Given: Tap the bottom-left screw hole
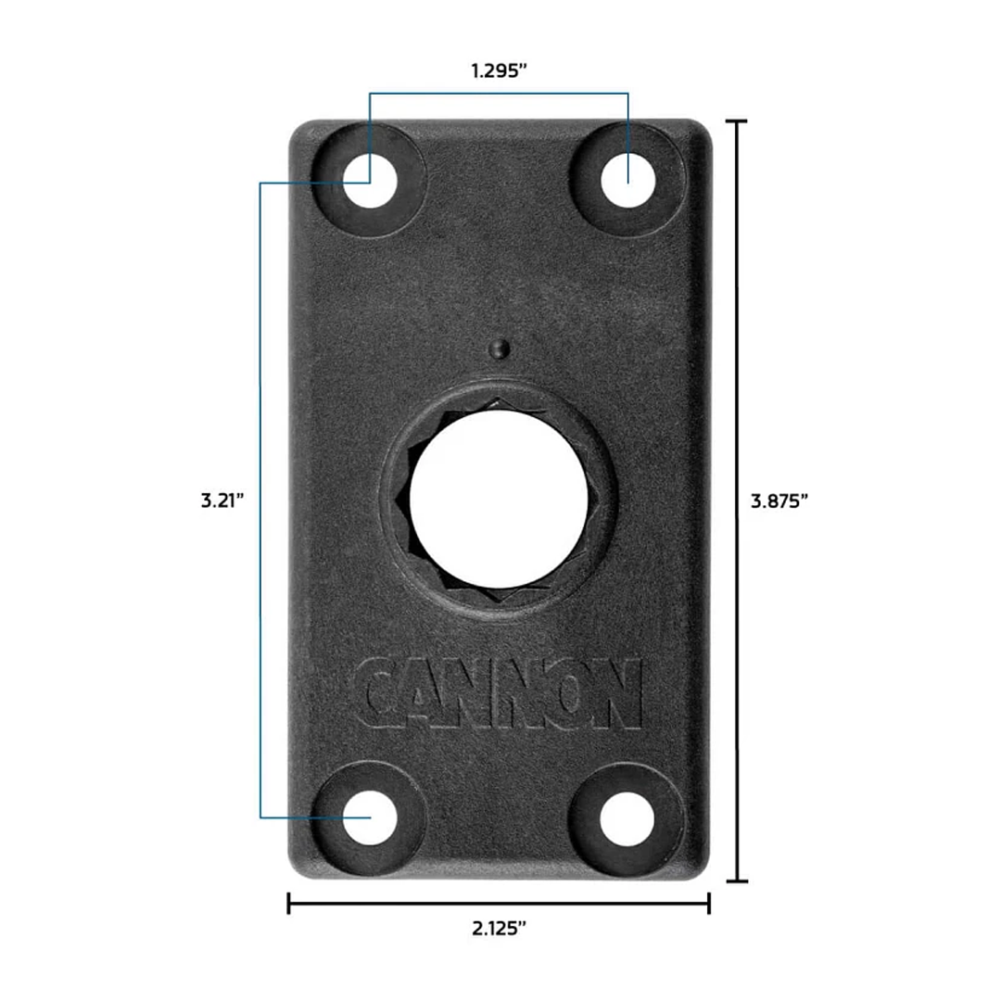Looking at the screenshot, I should coord(370,817).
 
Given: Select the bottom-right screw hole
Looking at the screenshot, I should coord(627,817).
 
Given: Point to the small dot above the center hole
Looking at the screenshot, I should coord(500,348).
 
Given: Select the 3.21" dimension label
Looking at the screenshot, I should coord(222,501).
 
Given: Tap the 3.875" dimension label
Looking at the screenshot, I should coord(779,501).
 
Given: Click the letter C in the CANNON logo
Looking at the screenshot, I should coord(380,694).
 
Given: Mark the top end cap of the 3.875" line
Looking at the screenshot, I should coord(737,121).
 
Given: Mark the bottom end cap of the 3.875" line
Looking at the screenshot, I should coord(737,881).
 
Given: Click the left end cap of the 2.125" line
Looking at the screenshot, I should coord(289,903).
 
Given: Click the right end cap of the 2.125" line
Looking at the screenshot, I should coord(709,903).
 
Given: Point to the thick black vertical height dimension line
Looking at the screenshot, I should coord(737,371).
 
